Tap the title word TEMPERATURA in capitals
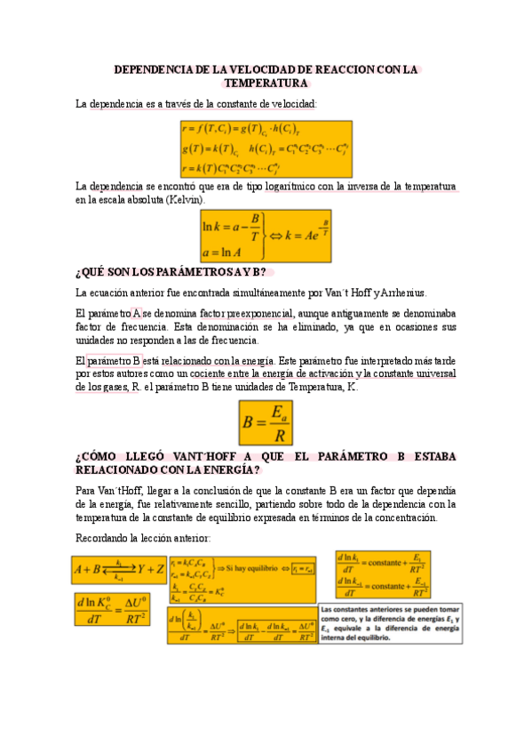[x=266, y=83]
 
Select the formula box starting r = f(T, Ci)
[x=266, y=148]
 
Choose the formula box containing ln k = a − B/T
[x=266, y=237]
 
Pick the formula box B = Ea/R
[x=266, y=424]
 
